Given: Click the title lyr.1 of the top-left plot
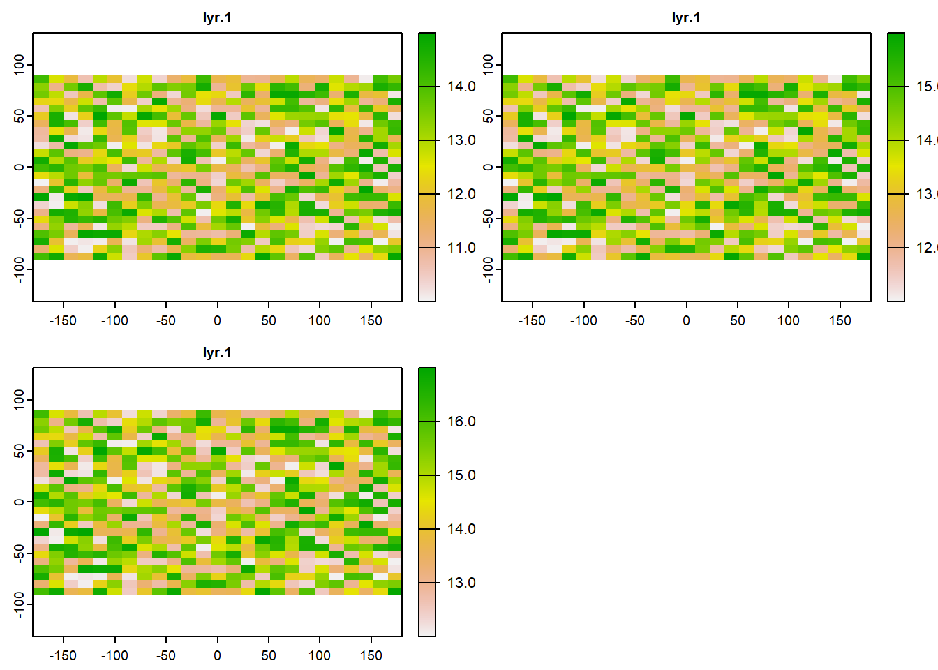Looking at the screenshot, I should (217, 17).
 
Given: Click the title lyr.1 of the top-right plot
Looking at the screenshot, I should (686, 17).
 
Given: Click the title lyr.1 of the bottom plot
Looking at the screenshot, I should (217, 352).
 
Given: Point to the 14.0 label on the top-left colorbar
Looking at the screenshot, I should (461, 87).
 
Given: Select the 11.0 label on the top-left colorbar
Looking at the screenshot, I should (461, 248).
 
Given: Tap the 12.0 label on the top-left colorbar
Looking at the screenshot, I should (461, 194).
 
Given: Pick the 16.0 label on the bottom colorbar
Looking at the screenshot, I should (461, 422).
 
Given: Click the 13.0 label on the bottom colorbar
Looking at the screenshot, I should (461, 583).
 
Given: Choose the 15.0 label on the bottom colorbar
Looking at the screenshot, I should (461, 475).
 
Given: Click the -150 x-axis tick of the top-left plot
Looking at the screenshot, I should (64, 320).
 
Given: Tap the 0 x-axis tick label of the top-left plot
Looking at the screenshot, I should (217, 320).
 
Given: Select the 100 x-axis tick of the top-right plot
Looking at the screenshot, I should (789, 320).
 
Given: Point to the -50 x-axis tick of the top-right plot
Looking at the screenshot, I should (635, 320).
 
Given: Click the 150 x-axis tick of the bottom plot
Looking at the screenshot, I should (371, 655).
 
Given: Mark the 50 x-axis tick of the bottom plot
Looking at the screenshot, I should (269, 655).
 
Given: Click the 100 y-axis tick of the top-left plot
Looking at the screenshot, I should (19, 65).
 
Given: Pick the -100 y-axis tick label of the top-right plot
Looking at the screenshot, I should (488, 269).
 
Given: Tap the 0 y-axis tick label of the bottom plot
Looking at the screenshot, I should (19, 502).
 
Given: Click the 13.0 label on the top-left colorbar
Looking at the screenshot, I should (461, 140).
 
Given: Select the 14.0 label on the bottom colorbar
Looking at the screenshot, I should (461, 529).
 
